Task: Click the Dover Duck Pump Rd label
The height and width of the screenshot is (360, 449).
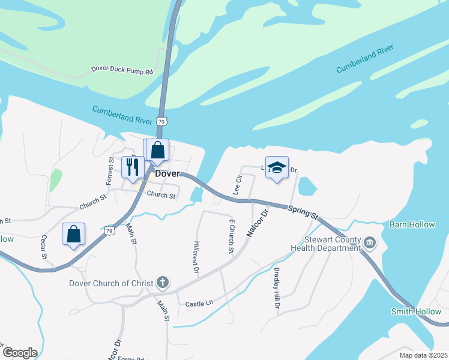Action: click(122, 70)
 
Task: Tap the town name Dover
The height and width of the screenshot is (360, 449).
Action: click(168, 173)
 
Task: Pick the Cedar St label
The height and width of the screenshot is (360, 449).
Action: click(44, 247)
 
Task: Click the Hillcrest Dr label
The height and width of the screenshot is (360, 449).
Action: click(196, 257)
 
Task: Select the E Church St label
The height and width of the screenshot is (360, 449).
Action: click(231, 236)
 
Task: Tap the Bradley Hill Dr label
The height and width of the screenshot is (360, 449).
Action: click(277, 289)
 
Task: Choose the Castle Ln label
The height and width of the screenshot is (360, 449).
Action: click(199, 304)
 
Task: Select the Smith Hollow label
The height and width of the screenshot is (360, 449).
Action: click(416, 311)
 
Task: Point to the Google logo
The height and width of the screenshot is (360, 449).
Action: click(19, 353)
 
